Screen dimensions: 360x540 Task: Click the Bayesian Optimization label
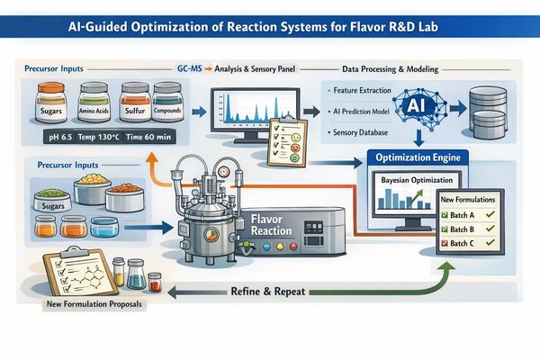point(415,183)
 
